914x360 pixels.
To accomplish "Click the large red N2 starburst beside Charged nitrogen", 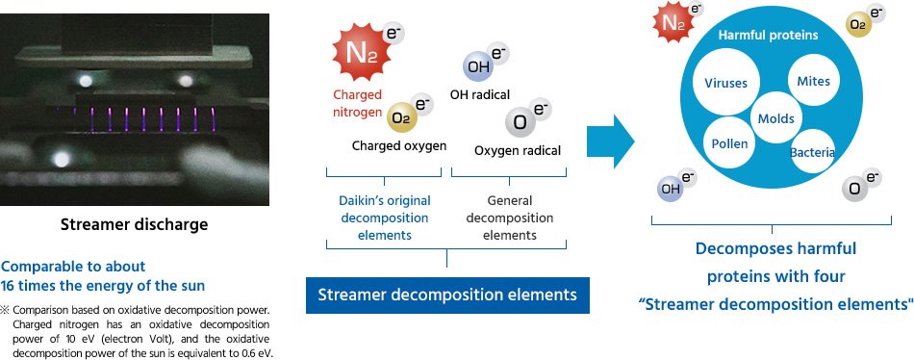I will click(356, 53).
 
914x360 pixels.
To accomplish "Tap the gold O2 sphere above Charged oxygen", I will click(402, 118).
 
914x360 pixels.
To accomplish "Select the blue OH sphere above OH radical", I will click(477, 67).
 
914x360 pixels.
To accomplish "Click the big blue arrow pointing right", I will click(611, 143).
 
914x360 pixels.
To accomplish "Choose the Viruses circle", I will click(725, 83).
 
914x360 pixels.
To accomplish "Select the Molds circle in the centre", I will click(775, 117).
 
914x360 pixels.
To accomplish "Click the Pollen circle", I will click(729, 144).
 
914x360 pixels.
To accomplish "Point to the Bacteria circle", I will click(812, 152).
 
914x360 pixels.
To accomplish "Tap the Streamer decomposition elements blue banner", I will click(447, 295).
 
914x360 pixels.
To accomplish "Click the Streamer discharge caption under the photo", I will click(134, 225).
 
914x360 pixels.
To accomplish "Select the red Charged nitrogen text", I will click(357, 102).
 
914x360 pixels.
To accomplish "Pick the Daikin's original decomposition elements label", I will click(384, 217).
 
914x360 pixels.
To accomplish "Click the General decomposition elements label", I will click(509, 217).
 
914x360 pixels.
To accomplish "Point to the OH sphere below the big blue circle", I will click(670, 189).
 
